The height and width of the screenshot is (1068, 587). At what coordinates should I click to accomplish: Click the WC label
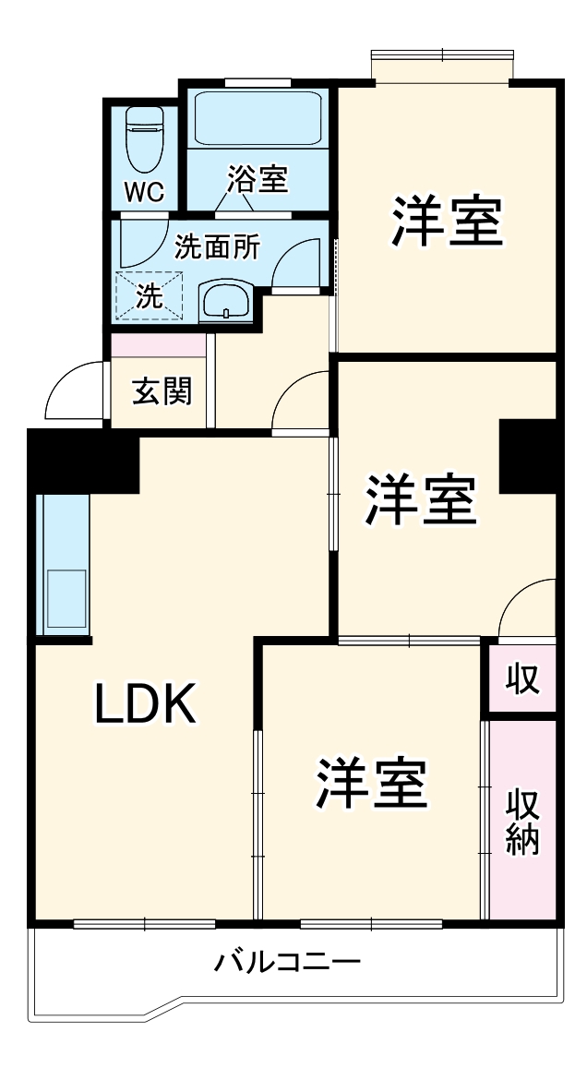pos(144,193)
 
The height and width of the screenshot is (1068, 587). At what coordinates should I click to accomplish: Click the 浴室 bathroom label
pos(258,179)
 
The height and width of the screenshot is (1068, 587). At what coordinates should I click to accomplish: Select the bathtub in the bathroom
pos(258,118)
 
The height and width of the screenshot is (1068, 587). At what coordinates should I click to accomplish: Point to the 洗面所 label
pos(217,246)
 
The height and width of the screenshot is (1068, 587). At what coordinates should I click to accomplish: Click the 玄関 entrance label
pos(162,391)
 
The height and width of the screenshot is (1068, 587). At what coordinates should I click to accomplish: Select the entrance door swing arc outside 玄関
pos(74,390)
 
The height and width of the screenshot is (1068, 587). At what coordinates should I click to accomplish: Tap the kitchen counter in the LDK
pos(63,565)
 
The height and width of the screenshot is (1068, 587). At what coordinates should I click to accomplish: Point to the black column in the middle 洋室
pos(528,456)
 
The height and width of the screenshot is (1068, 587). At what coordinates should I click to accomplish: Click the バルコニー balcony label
pos(287,964)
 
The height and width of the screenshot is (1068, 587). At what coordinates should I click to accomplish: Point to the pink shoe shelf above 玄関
pos(158,345)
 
